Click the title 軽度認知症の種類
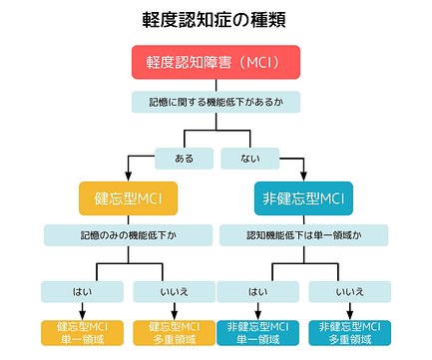coord(216,20)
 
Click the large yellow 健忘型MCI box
coord(128,197)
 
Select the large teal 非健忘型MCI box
coord(304,197)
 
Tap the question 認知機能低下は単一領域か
coord(304,235)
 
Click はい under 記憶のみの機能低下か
coord(82,291)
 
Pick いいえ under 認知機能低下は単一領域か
coord(348,291)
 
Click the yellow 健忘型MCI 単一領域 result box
coord(82,332)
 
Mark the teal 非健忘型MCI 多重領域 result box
coord(348,332)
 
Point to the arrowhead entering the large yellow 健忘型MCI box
coord(128,177)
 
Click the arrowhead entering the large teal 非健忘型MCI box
coord(304,177)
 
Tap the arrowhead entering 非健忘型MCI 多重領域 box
coord(348,315)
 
